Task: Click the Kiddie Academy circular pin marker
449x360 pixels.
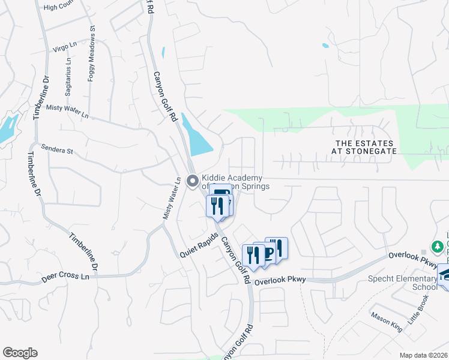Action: pos(193,180)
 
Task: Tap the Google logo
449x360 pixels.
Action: pos(20,353)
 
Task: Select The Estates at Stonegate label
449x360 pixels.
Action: pos(366,147)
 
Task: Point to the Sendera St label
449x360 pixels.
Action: pos(56,149)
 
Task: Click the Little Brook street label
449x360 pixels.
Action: pos(420,310)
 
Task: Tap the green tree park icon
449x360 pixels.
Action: pos(438,246)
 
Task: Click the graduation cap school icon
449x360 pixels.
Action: pos(445,274)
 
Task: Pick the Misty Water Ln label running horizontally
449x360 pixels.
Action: pos(67,111)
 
